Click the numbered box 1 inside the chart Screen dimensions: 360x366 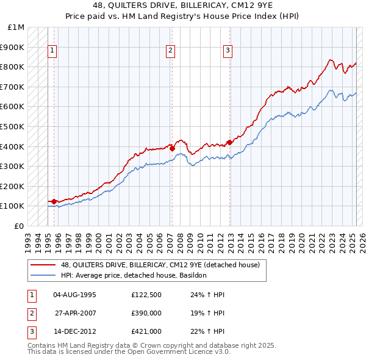(53, 51)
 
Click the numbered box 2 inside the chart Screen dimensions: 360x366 (170, 51)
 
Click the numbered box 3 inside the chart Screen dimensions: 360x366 (228, 51)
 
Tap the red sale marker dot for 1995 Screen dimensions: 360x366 (54, 201)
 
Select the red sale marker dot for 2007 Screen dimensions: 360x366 (172, 148)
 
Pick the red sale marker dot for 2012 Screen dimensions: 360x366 (229, 142)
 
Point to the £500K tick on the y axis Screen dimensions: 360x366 (12, 126)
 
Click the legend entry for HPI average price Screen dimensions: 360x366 (134, 275)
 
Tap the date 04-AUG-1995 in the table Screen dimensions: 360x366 (75, 295)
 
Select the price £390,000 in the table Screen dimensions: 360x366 (146, 314)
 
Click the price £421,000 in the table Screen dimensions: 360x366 (146, 332)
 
